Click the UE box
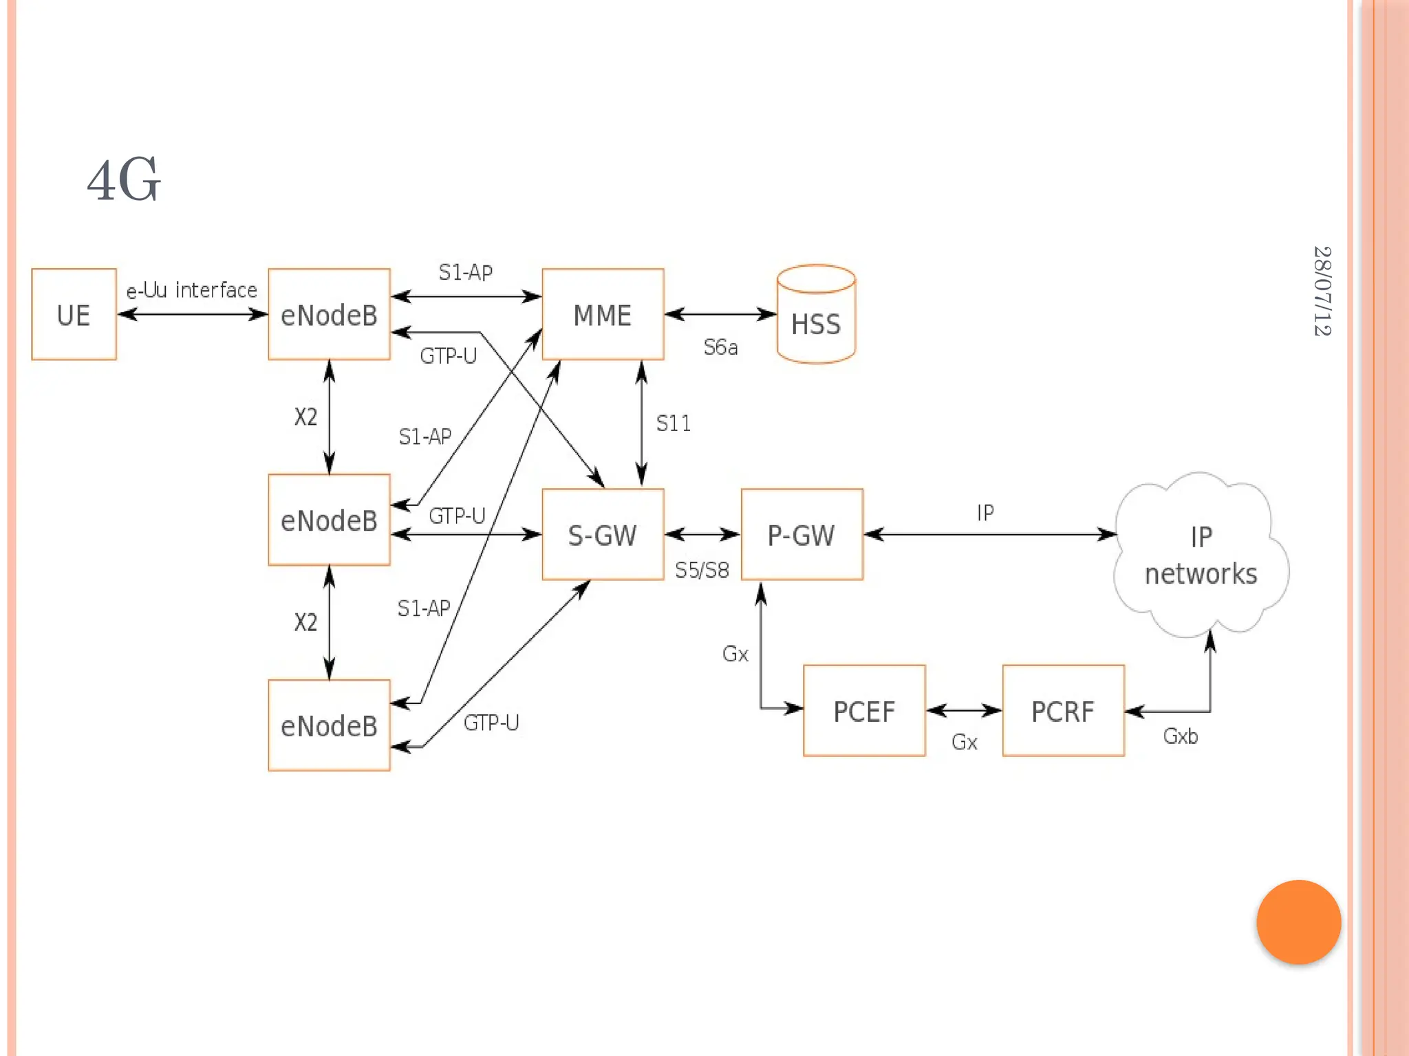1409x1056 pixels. coord(74,314)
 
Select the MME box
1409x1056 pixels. coord(603,314)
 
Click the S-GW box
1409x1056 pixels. coord(603,535)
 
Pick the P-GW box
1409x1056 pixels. coord(802,535)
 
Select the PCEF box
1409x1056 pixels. coord(864,711)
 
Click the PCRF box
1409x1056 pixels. coord(1063,711)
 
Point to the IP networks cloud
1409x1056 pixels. coord(1201,555)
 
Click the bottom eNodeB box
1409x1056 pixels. coord(329,725)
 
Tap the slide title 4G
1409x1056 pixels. coord(124,180)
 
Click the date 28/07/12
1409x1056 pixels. coord(1322,291)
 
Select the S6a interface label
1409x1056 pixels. coord(720,347)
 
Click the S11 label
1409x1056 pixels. coord(673,423)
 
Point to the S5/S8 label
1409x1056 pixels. coord(702,570)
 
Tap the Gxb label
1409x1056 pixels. coord(1181,736)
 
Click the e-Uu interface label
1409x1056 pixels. coord(191,290)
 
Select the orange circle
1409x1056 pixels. coord(1298,922)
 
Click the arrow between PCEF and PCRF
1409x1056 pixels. coord(964,710)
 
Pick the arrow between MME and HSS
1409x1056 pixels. coord(720,314)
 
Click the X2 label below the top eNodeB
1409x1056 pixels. coord(305,417)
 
